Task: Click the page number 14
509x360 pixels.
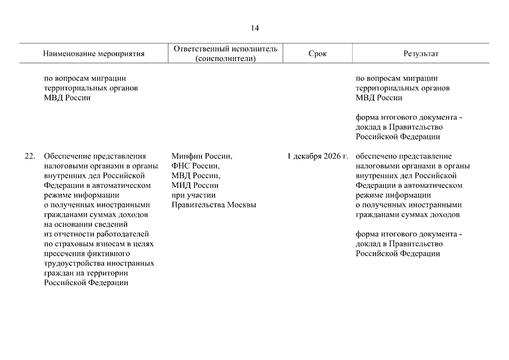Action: click(255, 28)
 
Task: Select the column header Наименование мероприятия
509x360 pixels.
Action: click(94, 54)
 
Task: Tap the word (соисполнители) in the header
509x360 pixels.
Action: click(225, 58)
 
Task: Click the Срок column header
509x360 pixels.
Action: click(317, 54)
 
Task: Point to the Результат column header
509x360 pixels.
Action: click(421, 54)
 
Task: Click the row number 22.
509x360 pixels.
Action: click(30, 156)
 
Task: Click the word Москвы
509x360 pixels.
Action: click(241, 205)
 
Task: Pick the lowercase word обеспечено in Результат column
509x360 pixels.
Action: click(376, 156)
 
